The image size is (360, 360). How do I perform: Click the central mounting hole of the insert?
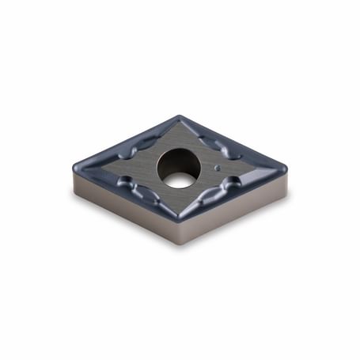179,168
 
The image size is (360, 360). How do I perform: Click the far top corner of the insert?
180,117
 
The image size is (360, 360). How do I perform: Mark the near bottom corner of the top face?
179,219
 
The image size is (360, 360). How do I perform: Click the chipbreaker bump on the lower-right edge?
229,187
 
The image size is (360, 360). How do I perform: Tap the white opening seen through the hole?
180,179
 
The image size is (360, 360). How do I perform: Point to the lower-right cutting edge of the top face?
233,195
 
